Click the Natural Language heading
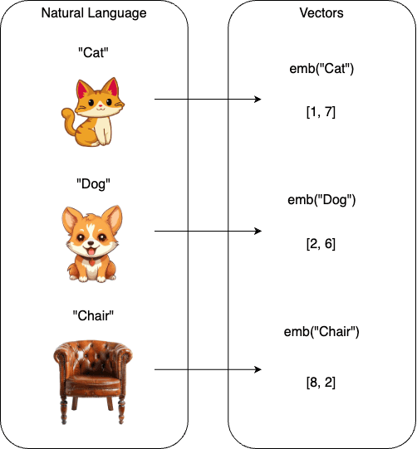94,13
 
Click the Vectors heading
321,13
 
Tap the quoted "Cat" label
93,52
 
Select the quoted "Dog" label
93,184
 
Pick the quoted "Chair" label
93,315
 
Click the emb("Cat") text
321,69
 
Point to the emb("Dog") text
321,200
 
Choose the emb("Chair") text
321,332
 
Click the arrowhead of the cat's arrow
258,99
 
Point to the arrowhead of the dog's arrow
258,231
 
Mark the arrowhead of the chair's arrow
258,369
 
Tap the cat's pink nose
101,106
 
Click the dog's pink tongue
91,251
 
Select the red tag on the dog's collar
92,262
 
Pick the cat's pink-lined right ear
113,86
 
